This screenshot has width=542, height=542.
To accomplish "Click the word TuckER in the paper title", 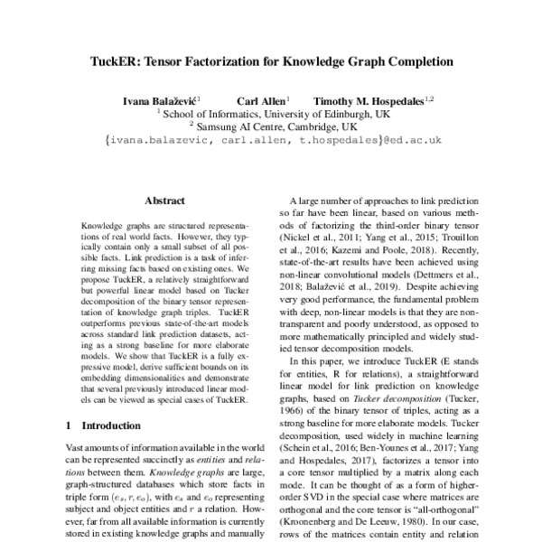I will click(145, 64).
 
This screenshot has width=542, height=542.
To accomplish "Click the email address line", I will click(271, 141).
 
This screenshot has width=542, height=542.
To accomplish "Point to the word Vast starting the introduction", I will click(78, 448).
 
